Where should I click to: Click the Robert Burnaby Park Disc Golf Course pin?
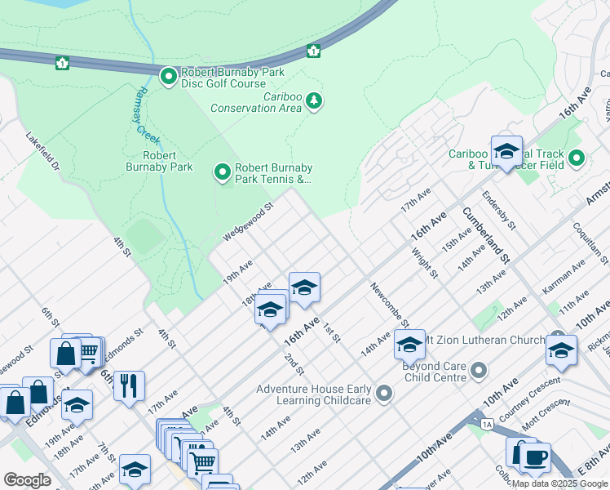(169, 77)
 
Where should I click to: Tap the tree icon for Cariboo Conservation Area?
(314, 101)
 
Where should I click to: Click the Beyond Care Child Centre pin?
(479, 371)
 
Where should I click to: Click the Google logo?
(28, 480)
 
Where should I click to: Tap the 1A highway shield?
(487, 424)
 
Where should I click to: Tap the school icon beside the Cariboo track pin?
(506, 152)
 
